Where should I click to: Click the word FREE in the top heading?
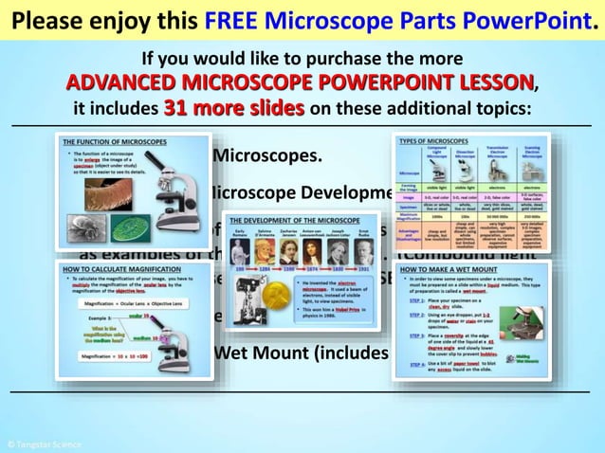click(x=226, y=19)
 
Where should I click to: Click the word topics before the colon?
click(x=504, y=108)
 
